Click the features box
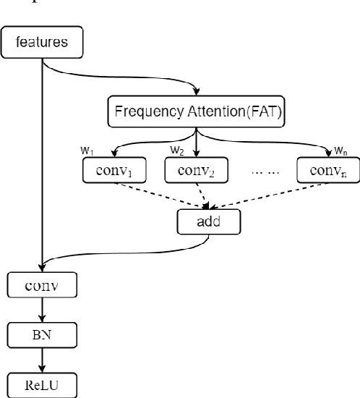point(42,42)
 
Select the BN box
point(42,335)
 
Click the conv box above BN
point(42,287)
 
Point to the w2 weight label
point(176,150)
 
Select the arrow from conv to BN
point(42,310)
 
